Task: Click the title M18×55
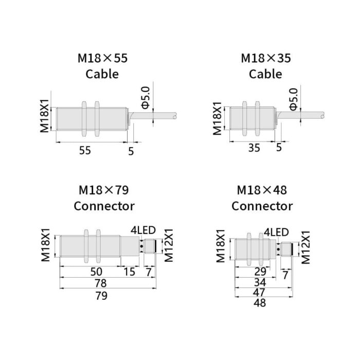pyautogui.click(x=102, y=58)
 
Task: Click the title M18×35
pyautogui.click(x=265, y=58)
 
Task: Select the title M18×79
pyautogui.click(x=103, y=190)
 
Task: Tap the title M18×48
pyautogui.click(x=262, y=190)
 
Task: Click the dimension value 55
pyautogui.click(x=85, y=150)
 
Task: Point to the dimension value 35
pyautogui.click(x=254, y=148)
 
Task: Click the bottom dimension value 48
pyautogui.click(x=260, y=303)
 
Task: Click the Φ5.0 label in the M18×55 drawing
pyautogui.click(x=146, y=97)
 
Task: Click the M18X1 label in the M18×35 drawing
pyautogui.click(x=218, y=118)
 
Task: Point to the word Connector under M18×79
pyautogui.click(x=104, y=206)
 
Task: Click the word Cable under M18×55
pyautogui.click(x=102, y=74)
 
